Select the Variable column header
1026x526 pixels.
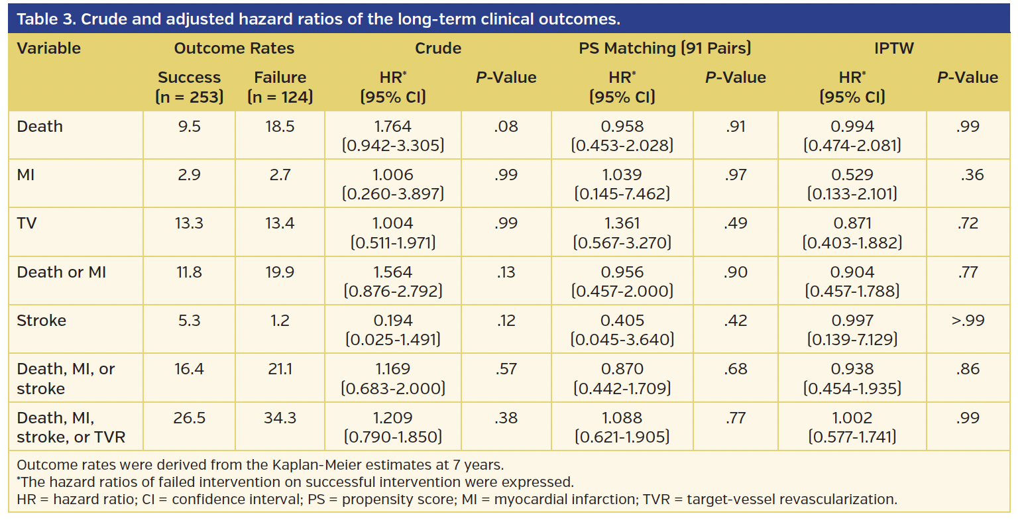(x=48, y=48)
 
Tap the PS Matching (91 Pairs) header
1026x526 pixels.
(x=665, y=48)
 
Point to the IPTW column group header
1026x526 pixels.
(x=893, y=48)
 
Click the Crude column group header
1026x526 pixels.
(x=437, y=48)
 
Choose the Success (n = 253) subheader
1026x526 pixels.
(x=189, y=87)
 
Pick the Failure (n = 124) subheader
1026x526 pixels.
(x=280, y=87)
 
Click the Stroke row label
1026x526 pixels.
(x=41, y=321)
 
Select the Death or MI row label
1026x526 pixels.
(x=61, y=272)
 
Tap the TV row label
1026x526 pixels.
(x=27, y=223)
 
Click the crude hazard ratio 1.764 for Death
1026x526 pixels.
(x=392, y=127)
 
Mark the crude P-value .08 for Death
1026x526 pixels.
(x=506, y=127)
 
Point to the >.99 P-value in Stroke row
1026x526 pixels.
(x=968, y=321)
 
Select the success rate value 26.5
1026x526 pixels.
(x=189, y=418)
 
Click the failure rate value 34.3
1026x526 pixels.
(x=280, y=418)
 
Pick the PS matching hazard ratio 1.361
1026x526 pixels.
(x=622, y=223)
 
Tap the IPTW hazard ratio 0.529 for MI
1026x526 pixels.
(x=852, y=175)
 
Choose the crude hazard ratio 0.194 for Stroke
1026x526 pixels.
(x=392, y=321)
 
